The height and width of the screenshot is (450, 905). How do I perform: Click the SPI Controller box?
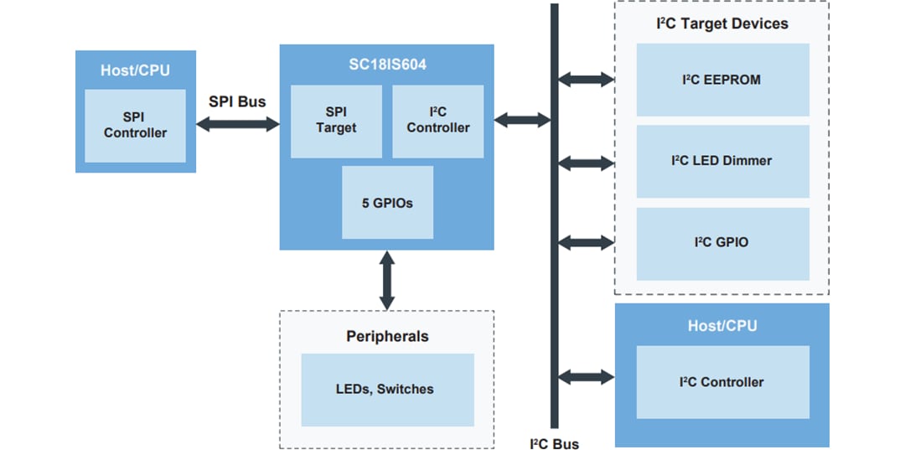point(135,126)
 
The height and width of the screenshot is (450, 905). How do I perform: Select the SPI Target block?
point(336,121)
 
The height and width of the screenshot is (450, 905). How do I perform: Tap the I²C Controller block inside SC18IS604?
point(437,121)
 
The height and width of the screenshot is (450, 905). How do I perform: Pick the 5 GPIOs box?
point(387,202)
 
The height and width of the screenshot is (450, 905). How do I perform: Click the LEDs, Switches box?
point(385,389)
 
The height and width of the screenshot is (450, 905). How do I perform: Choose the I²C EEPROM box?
point(722,80)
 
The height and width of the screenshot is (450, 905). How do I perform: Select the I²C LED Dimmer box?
point(722,161)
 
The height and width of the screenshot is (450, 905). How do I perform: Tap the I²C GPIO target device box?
point(722,243)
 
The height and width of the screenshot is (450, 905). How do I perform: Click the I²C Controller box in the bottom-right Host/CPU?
point(722,382)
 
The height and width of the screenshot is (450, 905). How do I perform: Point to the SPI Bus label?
point(237,101)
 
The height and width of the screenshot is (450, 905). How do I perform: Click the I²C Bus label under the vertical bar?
point(554,442)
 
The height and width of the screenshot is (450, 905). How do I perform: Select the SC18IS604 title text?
point(386,64)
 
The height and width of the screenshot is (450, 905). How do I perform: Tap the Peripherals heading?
point(387,336)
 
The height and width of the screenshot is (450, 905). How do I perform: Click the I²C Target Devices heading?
point(721,23)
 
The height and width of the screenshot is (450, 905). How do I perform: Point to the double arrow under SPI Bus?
point(237,124)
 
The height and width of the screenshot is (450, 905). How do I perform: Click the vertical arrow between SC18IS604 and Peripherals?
point(387,280)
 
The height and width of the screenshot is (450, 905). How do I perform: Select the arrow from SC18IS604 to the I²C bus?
point(521,120)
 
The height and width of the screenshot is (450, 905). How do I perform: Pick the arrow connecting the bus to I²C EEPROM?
point(586,80)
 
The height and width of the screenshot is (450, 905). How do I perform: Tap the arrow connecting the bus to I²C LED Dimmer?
point(586,161)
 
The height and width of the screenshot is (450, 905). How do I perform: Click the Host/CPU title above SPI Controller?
point(135,70)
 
